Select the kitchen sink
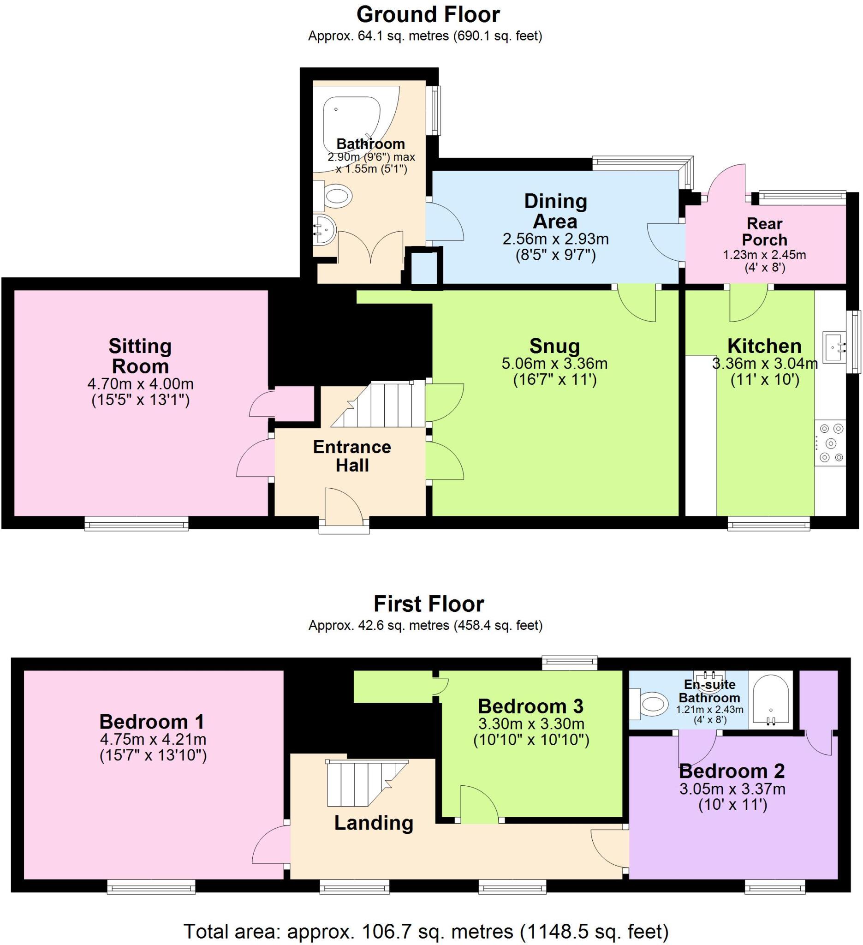[x=834, y=347]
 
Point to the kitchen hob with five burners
[x=831, y=443]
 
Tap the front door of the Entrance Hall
[x=344, y=507]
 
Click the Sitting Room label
[x=140, y=356]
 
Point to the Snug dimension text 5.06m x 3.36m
[x=555, y=363]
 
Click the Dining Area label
[x=555, y=211]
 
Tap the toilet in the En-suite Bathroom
[x=652, y=704]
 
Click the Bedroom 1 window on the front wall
[x=151, y=886]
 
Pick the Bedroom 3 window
[x=570, y=663]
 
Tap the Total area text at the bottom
[x=425, y=931]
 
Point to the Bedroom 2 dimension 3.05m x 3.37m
[x=732, y=789]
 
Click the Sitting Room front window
[x=137, y=523]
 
